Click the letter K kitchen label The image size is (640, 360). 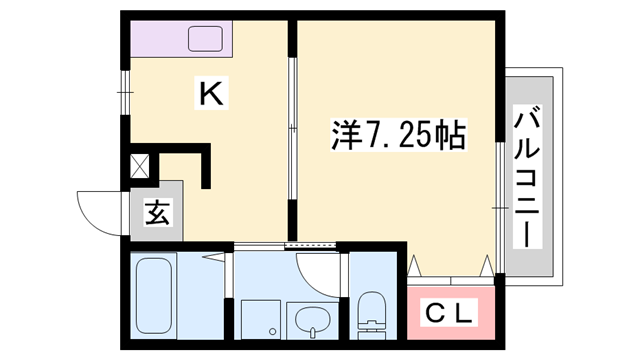211,95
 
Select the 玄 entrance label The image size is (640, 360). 157,213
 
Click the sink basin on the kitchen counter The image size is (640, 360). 212,40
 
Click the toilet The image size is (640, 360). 372,311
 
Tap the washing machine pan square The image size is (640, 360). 257,319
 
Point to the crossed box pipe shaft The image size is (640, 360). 138,165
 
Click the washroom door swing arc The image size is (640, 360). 318,268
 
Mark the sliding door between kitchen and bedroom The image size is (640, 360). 292,130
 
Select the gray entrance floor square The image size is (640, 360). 157,213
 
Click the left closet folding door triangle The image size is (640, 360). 417,265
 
